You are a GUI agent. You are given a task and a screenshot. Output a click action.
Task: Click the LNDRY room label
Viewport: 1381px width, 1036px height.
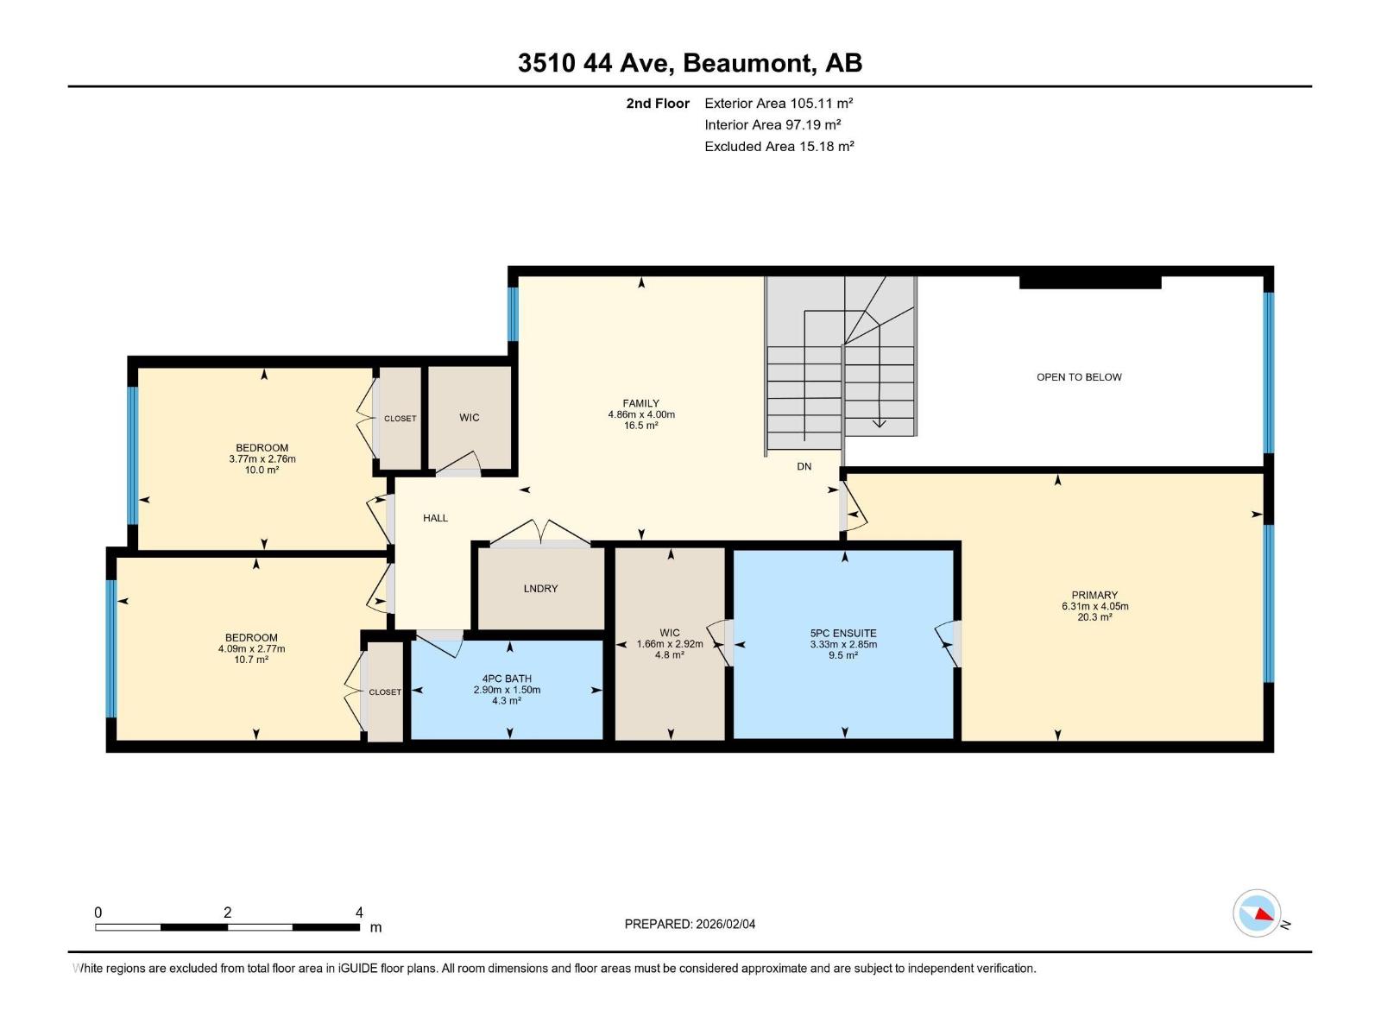pos(540,589)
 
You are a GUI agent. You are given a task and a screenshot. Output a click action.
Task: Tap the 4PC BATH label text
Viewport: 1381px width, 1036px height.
pos(507,679)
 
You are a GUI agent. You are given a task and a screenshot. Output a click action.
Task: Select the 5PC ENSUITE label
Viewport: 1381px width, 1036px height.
pos(843,633)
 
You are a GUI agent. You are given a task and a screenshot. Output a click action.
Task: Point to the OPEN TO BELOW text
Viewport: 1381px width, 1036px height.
pos(1079,377)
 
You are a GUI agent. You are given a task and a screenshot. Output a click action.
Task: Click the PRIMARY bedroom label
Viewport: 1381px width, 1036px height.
pos(1094,595)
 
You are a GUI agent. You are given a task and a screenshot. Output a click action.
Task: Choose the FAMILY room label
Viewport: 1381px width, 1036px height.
pos(640,403)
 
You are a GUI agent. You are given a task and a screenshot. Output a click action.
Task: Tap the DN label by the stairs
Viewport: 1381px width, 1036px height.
pos(804,466)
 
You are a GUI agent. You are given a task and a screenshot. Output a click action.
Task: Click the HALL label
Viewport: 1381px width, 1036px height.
pos(435,518)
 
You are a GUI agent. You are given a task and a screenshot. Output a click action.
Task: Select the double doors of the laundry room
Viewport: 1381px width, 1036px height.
pos(541,533)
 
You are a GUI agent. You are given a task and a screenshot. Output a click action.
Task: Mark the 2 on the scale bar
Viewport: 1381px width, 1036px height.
pos(227,913)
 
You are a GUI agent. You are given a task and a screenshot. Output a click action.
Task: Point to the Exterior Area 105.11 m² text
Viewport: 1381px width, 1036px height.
pos(779,103)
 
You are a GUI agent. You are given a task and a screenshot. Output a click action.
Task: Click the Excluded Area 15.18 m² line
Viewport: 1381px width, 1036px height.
pos(779,147)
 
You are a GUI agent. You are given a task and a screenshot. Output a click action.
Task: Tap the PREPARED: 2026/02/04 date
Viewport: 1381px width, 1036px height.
pos(690,924)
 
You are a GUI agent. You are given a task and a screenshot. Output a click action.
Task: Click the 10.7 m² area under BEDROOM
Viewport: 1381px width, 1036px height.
pos(251,660)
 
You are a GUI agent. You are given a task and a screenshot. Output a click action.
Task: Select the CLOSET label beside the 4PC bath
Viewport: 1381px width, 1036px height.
pos(385,692)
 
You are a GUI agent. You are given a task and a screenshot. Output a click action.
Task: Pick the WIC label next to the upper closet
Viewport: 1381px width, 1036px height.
pos(469,418)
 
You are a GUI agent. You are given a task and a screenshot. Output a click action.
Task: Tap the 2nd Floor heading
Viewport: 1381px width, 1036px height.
pos(658,104)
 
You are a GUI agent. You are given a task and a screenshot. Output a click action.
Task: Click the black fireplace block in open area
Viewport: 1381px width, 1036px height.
pos(1090,282)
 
